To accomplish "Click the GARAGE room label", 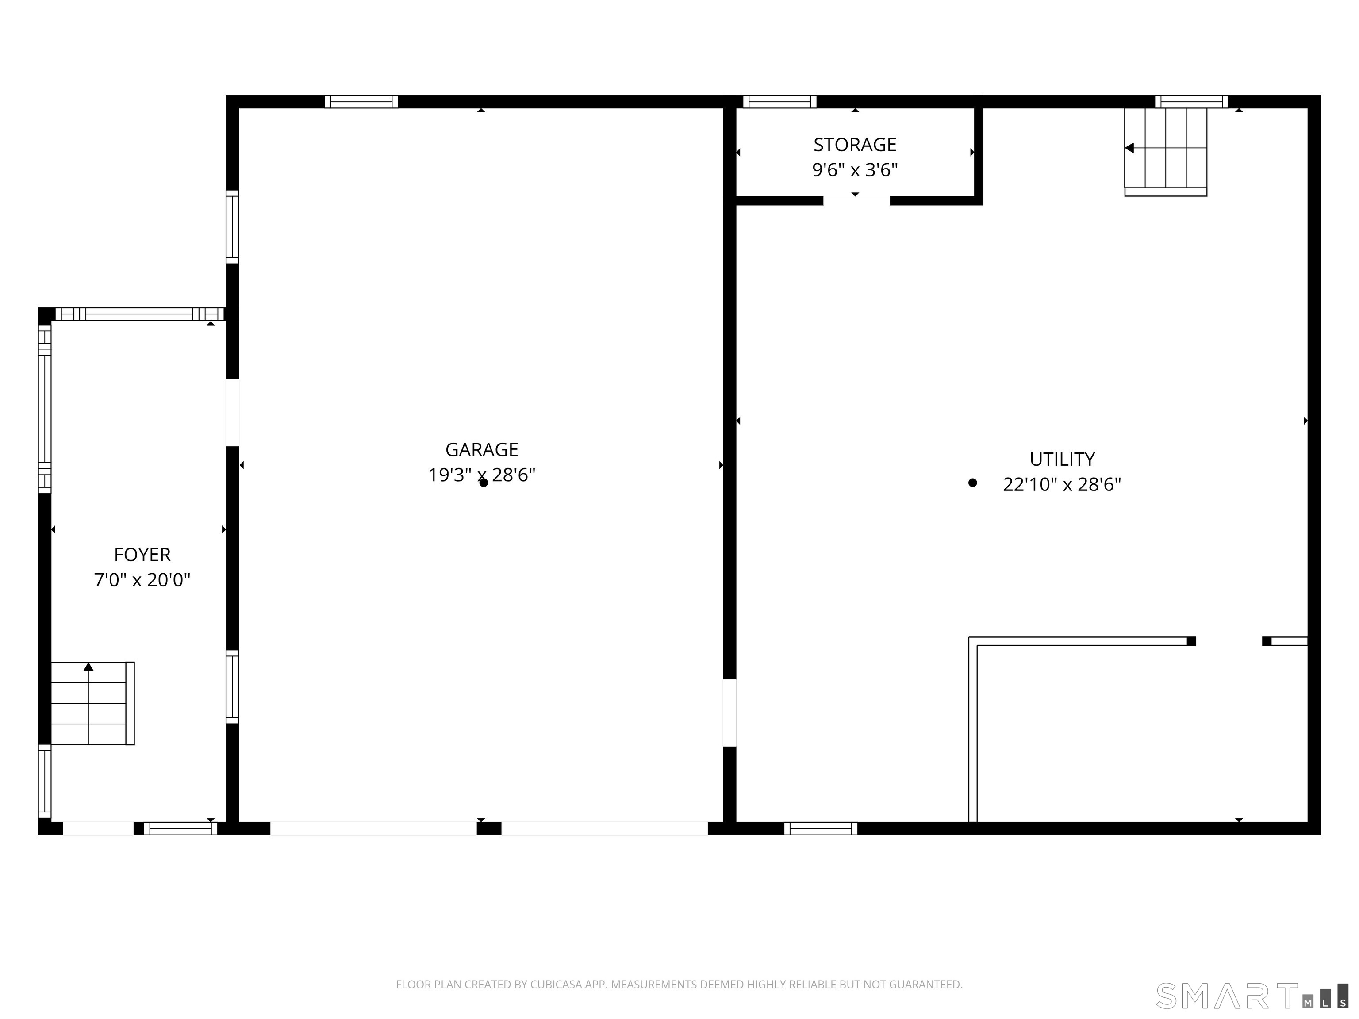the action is tap(482, 450).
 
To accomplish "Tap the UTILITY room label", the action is tap(1062, 460).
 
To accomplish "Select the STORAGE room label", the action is tap(855, 145).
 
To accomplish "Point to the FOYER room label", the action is tap(142, 555).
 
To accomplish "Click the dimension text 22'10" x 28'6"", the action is tap(1062, 485).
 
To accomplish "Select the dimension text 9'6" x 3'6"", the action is tap(855, 170).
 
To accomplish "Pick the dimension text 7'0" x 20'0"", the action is tap(142, 580).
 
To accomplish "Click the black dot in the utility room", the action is tap(972, 483).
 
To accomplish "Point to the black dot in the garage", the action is tap(484, 483).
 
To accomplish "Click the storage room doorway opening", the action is tap(856, 200).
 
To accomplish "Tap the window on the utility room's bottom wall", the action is tap(821, 828).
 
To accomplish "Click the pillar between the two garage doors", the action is tap(489, 828).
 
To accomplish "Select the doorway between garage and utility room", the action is tap(729, 713).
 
